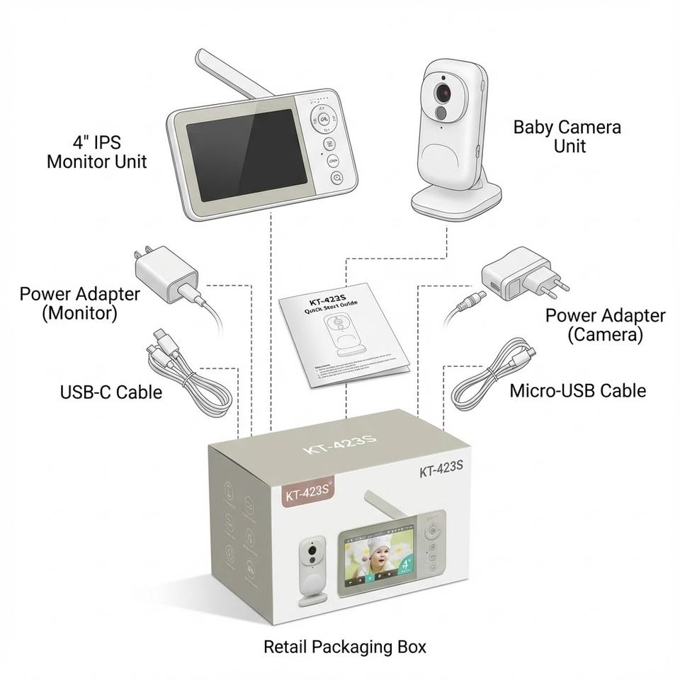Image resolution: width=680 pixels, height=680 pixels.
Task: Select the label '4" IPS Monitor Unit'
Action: [x=97, y=152]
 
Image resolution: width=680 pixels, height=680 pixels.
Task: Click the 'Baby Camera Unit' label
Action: [x=567, y=136]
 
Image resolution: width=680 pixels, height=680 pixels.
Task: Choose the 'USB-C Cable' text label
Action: [x=110, y=392]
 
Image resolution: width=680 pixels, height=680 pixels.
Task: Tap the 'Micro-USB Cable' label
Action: [x=577, y=390]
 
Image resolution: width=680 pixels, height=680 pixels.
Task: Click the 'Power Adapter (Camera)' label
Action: [x=605, y=324]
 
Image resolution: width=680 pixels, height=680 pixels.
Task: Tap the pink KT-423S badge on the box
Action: [x=308, y=493]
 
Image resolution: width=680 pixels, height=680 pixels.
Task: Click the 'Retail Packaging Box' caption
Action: [x=345, y=647]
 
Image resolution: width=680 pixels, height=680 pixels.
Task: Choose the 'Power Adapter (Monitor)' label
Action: [x=79, y=303]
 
